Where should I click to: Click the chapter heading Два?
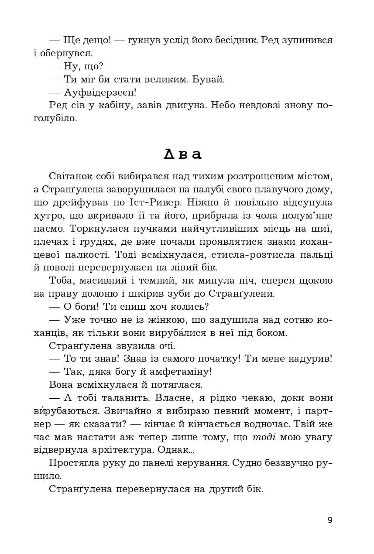pos(183,154)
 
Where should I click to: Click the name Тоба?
pos(62,280)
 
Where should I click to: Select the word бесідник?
pos(225,41)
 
